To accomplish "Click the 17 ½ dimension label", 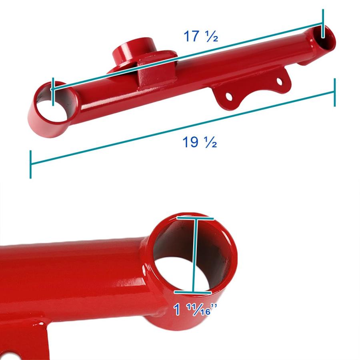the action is point(201,36).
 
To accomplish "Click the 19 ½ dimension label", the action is point(200,142).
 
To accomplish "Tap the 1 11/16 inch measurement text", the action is point(195,309).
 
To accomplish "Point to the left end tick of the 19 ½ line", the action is point(30,164).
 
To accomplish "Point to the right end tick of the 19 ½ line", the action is point(334,92).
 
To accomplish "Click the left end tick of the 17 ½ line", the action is point(53,92).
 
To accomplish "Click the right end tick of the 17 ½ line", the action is point(323,24).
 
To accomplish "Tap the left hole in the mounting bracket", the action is point(229,96).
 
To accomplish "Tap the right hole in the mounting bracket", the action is point(279,81).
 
